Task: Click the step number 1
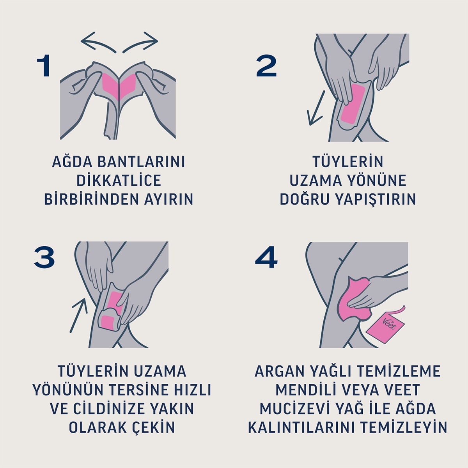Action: click(44, 66)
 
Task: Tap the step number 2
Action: click(266, 66)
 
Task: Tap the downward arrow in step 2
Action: click(316, 109)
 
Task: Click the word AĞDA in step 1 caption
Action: click(68, 162)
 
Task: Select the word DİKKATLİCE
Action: click(119, 181)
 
